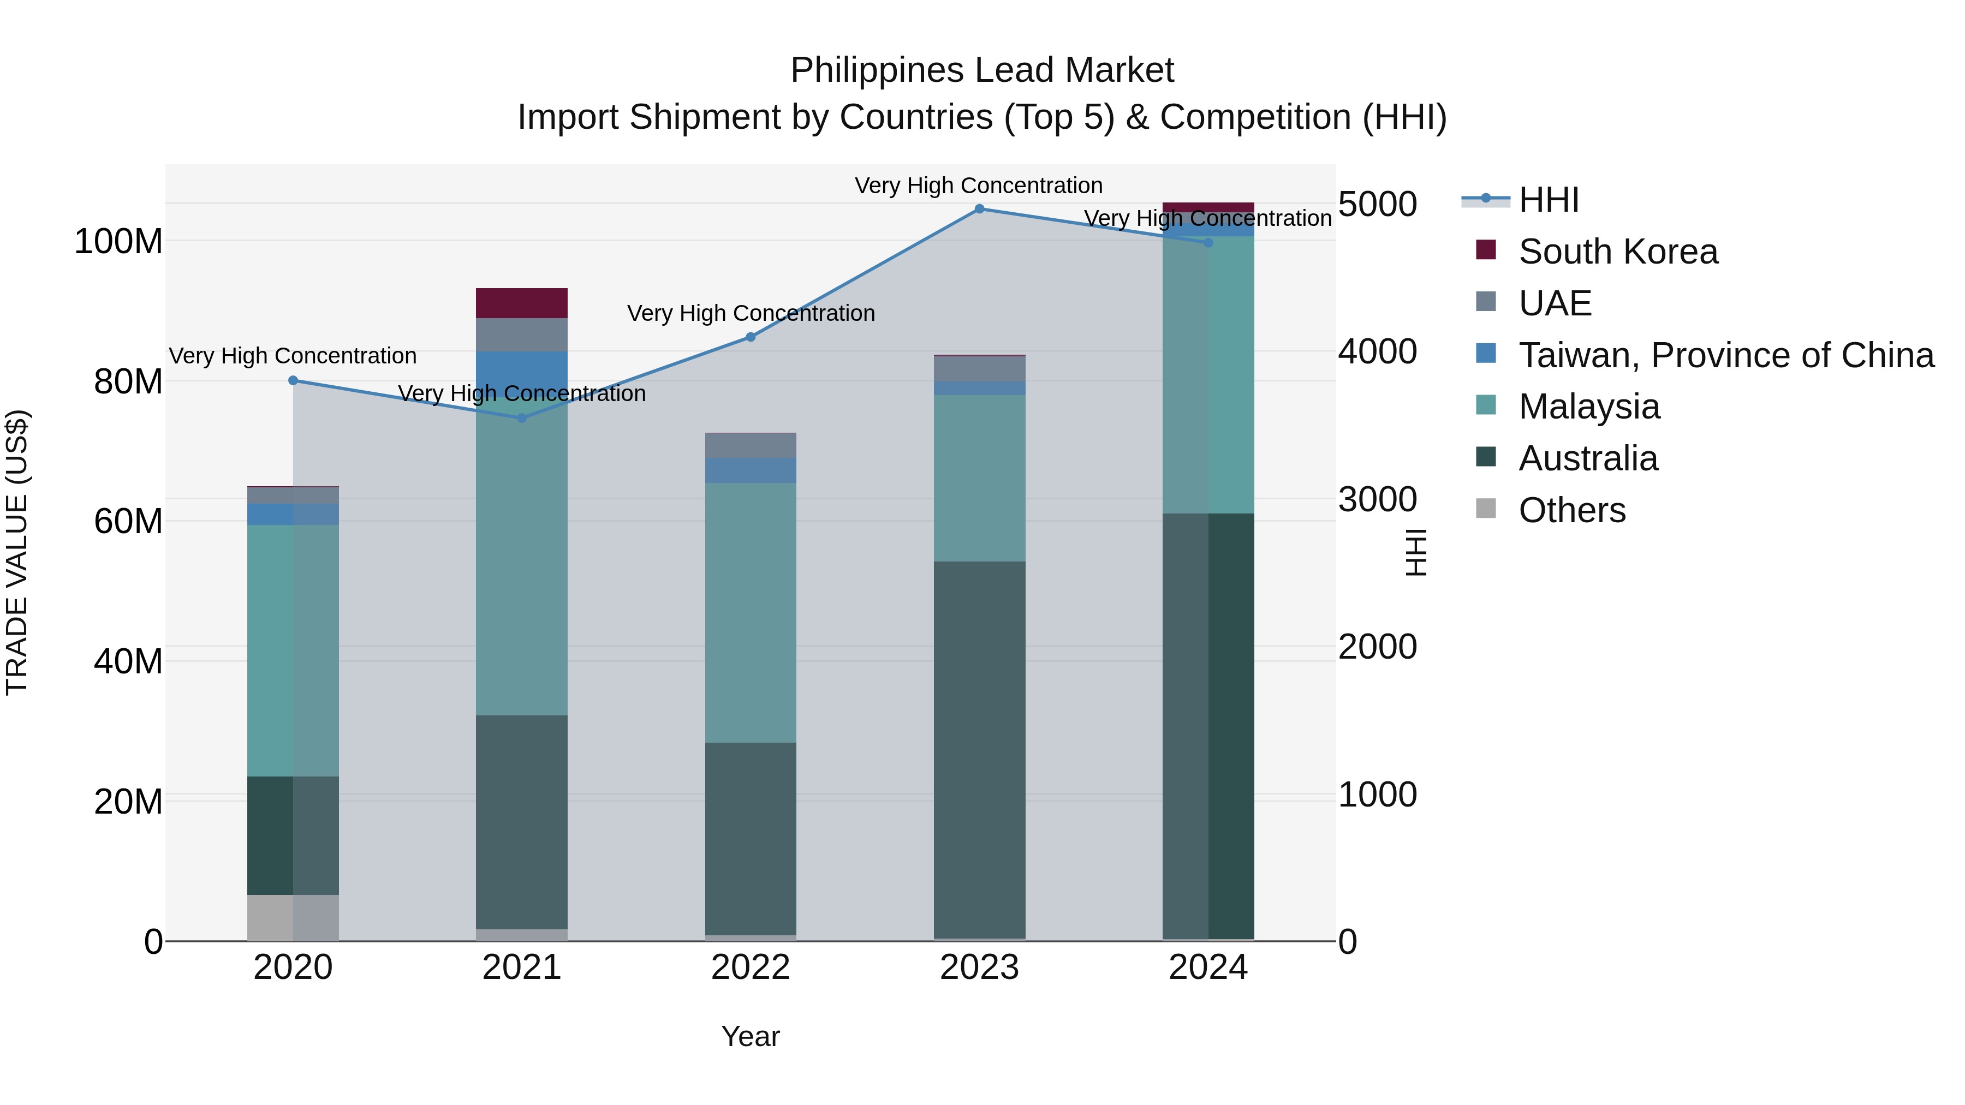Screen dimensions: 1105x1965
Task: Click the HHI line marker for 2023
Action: (979, 208)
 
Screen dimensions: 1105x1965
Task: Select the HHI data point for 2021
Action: (522, 418)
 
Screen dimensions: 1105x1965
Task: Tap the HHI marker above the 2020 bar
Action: (293, 380)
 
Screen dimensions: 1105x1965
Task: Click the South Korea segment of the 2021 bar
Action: (522, 303)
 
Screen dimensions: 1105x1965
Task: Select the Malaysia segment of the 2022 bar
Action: (751, 612)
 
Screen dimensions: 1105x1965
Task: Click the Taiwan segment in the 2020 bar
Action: (293, 514)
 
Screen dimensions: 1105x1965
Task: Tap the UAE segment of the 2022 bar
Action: (751, 445)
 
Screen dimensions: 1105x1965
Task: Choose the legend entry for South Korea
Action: (1617, 252)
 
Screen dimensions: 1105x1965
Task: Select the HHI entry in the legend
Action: (1549, 200)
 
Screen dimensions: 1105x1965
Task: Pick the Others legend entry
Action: (1571, 510)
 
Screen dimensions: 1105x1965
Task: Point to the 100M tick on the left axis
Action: (118, 242)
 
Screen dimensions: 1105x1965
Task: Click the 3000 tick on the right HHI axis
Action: (1378, 499)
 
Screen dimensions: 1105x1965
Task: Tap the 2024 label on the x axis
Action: (1208, 967)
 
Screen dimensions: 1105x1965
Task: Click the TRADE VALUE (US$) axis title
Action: (17, 552)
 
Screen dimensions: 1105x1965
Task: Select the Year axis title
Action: (751, 1036)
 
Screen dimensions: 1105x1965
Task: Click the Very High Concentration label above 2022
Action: (751, 313)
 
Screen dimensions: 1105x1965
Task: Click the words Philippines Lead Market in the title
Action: (982, 70)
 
